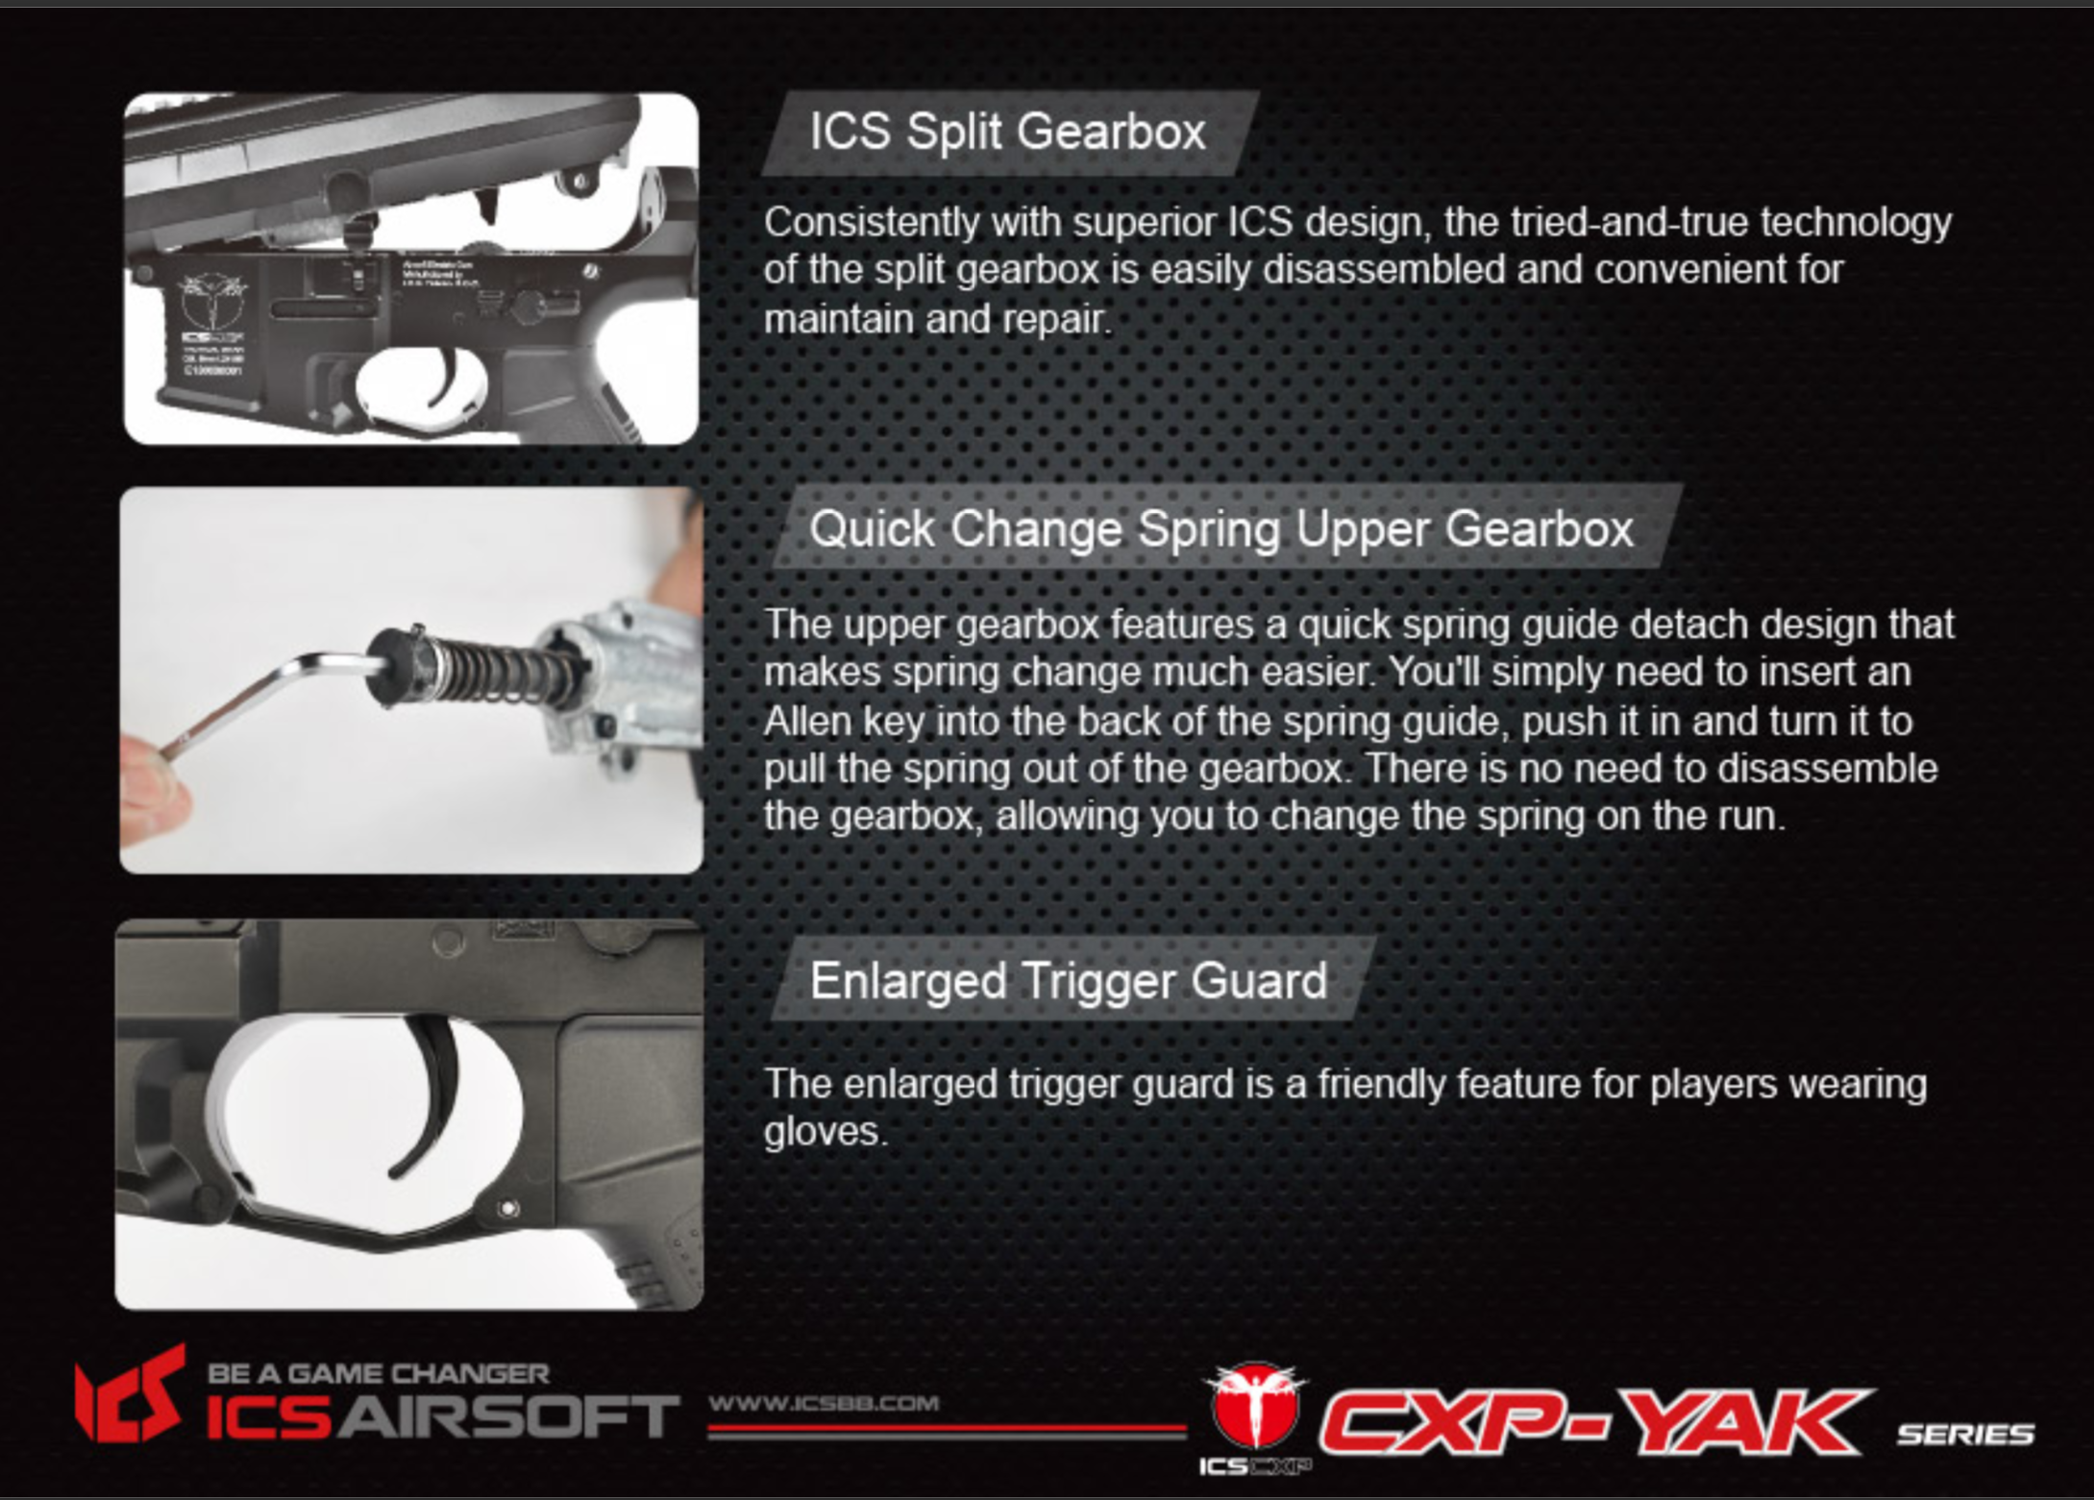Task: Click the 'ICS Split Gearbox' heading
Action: coord(1007,132)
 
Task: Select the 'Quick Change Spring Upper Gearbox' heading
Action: coord(1220,529)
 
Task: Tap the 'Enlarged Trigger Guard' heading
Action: coord(1069,981)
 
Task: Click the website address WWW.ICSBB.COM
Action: coord(824,1403)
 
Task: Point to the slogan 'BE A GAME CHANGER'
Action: coord(379,1373)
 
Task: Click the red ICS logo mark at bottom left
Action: coord(131,1394)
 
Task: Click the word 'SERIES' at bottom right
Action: coord(1965,1435)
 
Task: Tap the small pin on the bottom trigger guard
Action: coord(508,1208)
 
